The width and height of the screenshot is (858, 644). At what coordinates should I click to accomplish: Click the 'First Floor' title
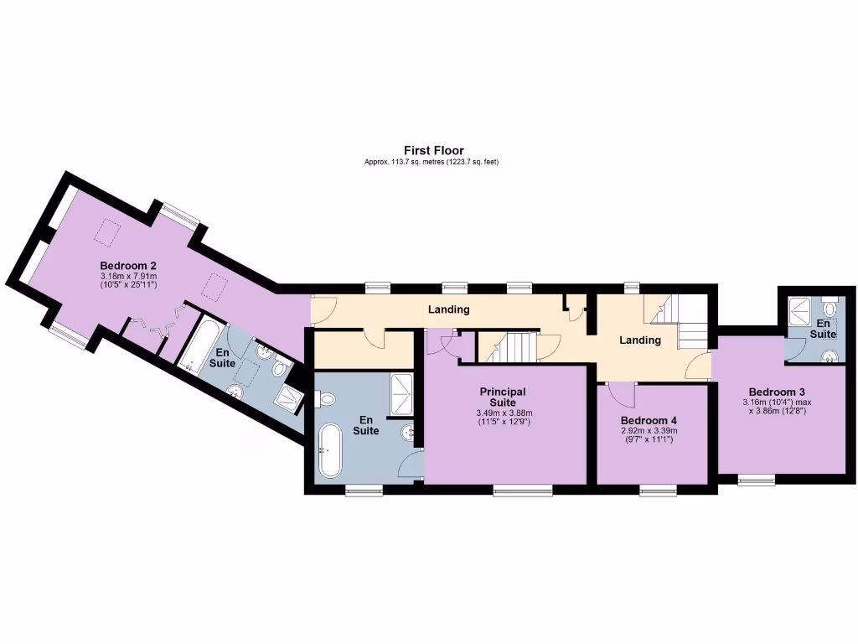coord(433,151)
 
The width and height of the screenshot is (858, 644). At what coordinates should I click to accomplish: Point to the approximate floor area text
coord(432,162)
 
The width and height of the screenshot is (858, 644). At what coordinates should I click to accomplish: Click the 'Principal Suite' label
coord(503,397)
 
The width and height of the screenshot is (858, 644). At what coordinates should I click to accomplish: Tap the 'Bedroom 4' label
coord(643,420)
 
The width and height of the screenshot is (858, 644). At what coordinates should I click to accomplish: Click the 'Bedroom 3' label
coord(777,392)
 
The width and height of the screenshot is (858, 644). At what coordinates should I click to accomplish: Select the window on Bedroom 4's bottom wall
coord(659,490)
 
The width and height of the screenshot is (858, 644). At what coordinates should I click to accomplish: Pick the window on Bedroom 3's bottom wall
coord(757,480)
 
